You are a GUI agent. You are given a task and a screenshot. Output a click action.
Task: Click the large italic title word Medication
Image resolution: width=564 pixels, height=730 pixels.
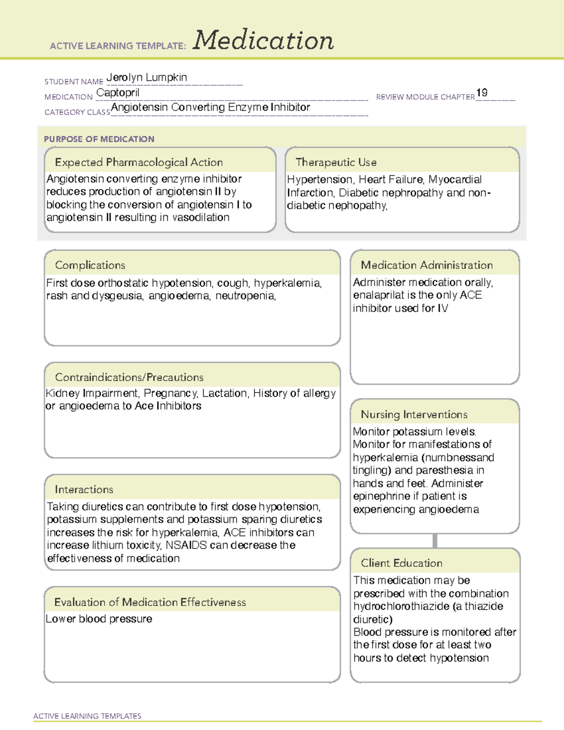263,40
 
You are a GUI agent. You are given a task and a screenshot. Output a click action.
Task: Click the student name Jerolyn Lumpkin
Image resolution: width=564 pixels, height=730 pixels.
147,78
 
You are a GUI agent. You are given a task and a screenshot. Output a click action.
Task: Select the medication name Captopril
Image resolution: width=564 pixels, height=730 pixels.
117,93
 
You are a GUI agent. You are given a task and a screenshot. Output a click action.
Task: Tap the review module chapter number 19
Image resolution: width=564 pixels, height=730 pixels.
482,93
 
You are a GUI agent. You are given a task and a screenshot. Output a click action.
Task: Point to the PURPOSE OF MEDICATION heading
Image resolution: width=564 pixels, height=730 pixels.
99,139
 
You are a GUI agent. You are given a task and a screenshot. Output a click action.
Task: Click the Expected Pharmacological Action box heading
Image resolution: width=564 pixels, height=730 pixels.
139,162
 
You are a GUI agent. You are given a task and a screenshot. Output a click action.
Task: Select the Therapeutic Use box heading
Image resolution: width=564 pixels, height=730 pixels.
336,162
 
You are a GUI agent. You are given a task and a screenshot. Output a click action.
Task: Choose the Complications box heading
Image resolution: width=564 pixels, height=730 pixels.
90,265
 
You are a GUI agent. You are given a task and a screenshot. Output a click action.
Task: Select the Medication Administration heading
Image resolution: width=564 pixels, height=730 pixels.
427,265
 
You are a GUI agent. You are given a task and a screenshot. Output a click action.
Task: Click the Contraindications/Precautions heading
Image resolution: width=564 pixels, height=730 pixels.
129,377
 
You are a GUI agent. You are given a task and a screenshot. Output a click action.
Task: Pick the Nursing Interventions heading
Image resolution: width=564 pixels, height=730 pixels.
414,415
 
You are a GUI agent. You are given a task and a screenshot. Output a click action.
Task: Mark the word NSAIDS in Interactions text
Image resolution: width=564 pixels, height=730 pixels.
186,545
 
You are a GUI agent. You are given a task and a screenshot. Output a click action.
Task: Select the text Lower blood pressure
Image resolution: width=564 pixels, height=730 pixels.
99,619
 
